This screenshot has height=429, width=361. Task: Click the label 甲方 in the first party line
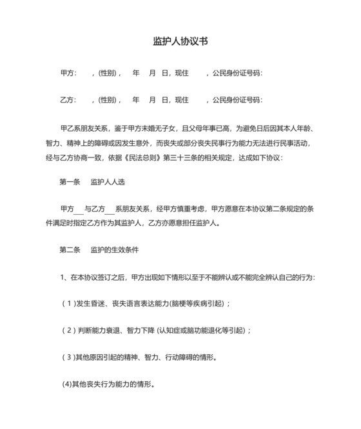[68, 73]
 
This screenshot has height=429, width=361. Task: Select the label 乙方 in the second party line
[68, 100]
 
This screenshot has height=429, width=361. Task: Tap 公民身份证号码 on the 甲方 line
[238, 73]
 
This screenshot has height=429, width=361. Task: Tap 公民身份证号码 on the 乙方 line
[238, 100]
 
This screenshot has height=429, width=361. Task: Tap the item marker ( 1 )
[68, 303]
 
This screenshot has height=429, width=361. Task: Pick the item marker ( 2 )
[68, 330]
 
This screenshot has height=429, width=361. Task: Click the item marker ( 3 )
[68, 357]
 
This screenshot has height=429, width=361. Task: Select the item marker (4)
[66, 384]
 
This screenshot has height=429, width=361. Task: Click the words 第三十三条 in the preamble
[193, 157]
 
